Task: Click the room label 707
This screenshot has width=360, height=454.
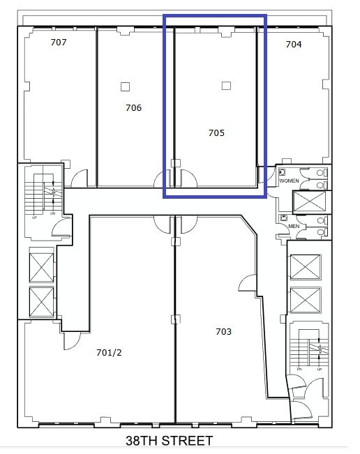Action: (x=59, y=43)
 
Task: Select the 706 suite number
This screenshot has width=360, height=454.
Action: (x=133, y=107)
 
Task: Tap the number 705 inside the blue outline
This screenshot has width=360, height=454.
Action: (x=216, y=132)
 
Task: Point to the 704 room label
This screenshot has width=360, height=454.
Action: (x=294, y=44)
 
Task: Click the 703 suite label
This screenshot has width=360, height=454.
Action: (x=223, y=331)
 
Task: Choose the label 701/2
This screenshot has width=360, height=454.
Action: (x=109, y=352)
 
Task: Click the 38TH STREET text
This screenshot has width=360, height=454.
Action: (x=169, y=441)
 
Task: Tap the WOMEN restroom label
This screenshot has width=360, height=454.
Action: (x=289, y=181)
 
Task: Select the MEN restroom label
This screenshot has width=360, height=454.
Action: (x=294, y=225)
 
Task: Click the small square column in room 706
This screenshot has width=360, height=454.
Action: (x=125, y=86)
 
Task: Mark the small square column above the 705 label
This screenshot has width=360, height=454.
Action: (x=225, y=86)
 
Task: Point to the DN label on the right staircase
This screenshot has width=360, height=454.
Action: (x=299, y=369)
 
